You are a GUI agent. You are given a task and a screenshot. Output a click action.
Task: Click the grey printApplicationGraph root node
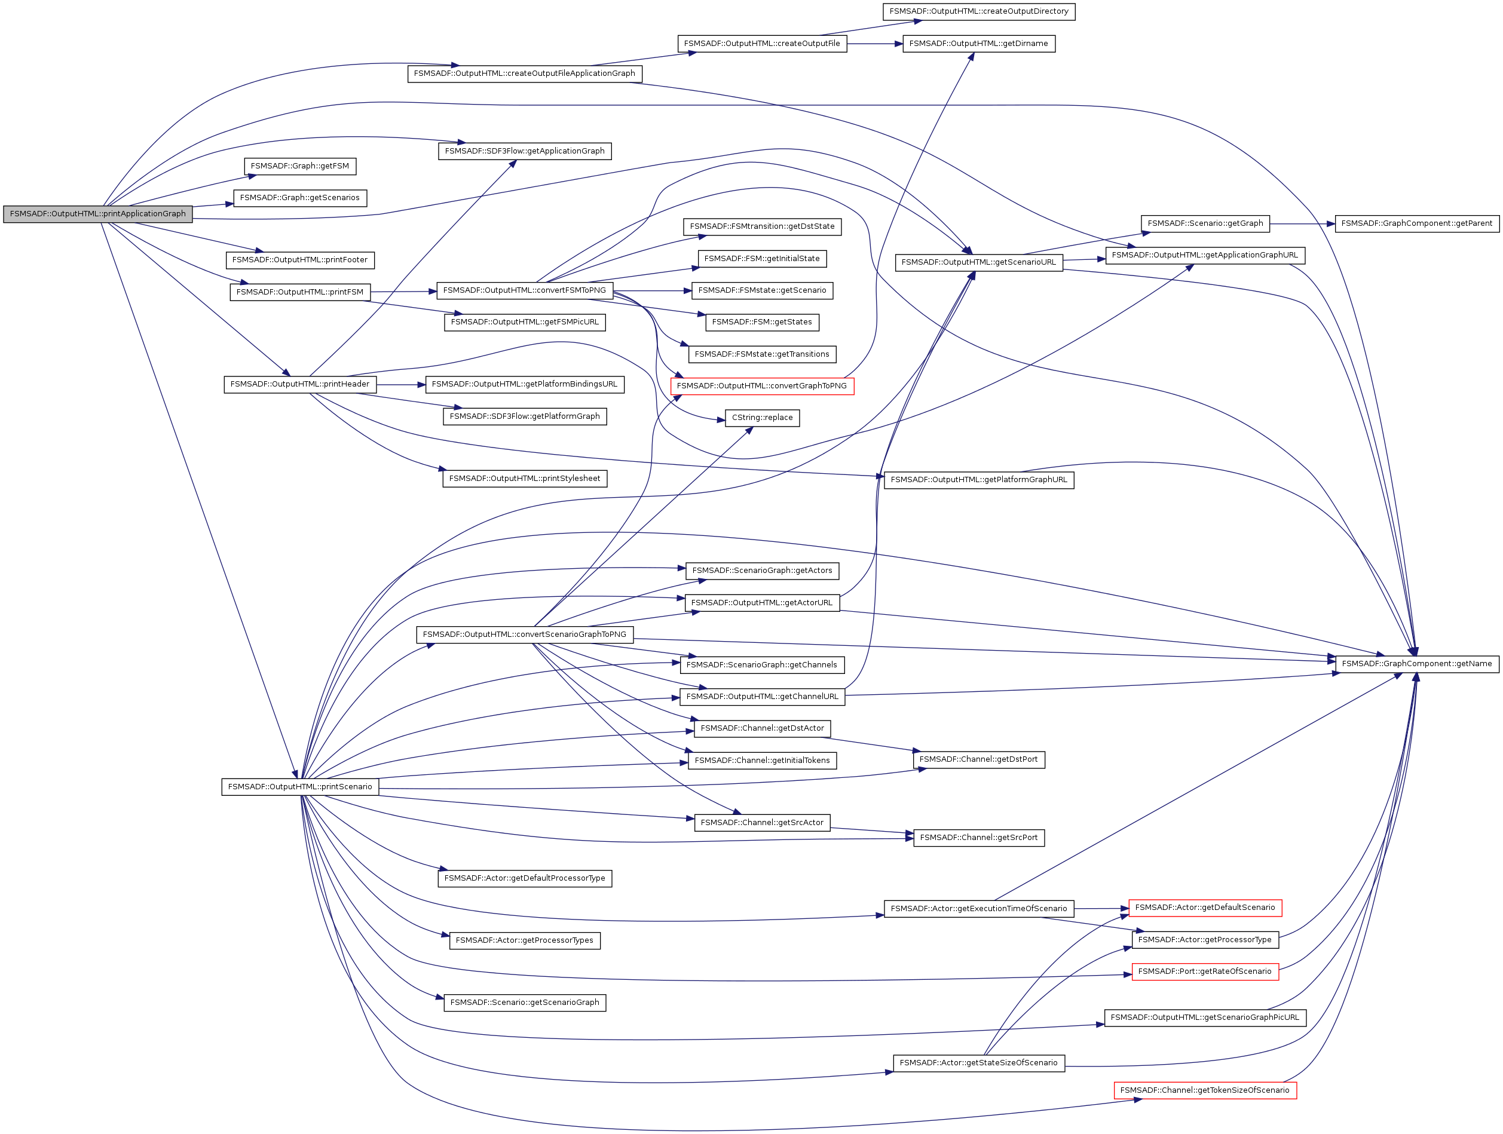tap(98, 213)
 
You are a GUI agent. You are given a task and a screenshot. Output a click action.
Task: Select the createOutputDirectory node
tap(978, 11)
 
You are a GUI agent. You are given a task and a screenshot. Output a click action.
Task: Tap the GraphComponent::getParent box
tap(1417, 223)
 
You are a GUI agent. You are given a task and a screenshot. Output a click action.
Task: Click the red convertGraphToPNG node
tap(762, 386)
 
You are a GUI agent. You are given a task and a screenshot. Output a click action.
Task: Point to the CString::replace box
tap(763, 418)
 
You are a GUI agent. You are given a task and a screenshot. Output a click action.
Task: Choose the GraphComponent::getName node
tap(1417, 664)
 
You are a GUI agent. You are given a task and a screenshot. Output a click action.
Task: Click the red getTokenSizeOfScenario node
tap(1205, 1090)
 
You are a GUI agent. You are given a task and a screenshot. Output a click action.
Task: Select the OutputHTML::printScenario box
tap(299, 787)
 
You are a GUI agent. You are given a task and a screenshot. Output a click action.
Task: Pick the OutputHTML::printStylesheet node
tap(525, 479)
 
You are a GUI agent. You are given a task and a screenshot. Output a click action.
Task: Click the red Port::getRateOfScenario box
tap(1205, 971)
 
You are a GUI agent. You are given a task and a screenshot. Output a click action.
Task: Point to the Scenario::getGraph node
tap(1205, 223)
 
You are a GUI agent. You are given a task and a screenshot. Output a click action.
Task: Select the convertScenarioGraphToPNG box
tap(525, 635)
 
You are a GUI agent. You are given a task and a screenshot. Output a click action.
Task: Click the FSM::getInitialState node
tap(762, 259)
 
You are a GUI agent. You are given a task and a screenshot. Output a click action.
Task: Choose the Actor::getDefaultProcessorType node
tap(525, 878)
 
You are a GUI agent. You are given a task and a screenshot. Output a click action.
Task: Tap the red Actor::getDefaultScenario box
tap(1205, 908)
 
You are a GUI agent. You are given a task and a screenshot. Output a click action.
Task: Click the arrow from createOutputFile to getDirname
tap(874, 44)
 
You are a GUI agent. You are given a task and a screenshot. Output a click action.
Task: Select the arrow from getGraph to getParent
tap(1302, 223)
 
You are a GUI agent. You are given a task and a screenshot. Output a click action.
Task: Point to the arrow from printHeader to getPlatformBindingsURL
tap(401, 385)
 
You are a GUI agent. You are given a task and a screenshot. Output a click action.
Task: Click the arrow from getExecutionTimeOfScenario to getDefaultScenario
tap(1101, 908)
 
